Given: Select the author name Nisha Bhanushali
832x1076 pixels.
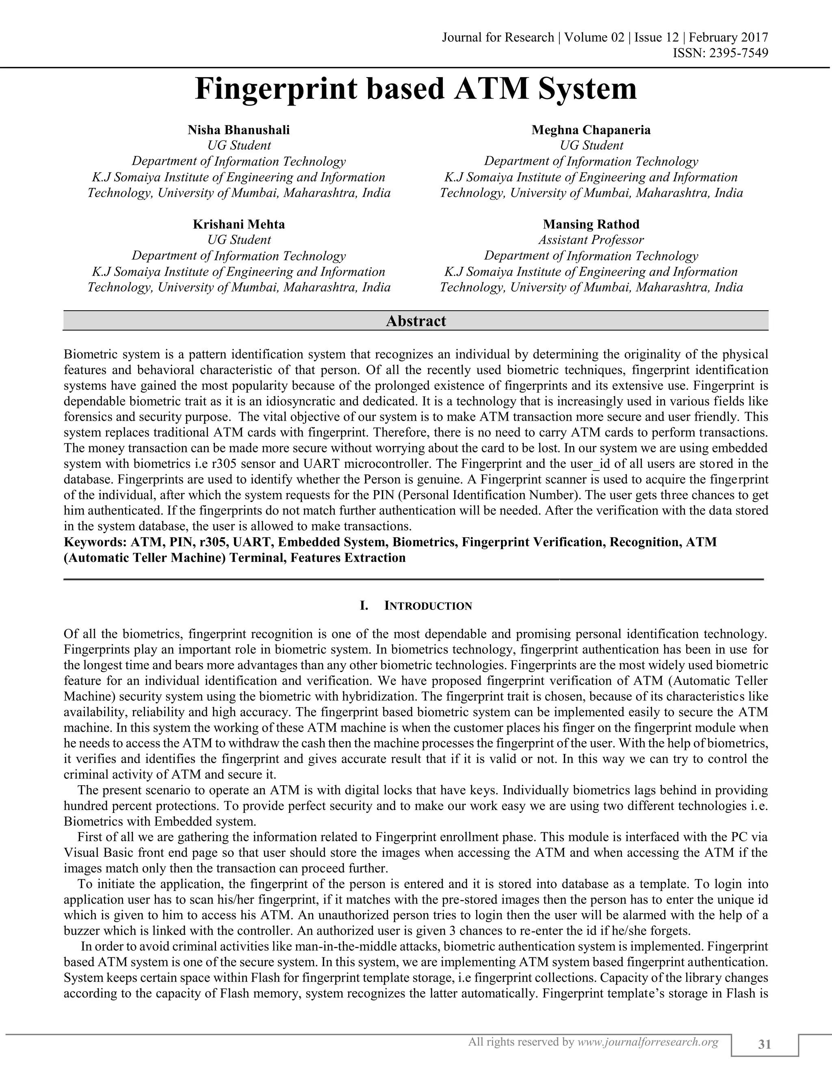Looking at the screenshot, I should [238, 130].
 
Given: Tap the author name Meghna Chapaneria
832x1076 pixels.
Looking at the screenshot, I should [591, 130].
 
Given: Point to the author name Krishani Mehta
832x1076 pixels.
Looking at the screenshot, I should [238, 225].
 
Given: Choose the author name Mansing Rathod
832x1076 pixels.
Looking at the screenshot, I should [591, 225].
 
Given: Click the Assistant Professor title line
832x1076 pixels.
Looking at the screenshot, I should [591, 240].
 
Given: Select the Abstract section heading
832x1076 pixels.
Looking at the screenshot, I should [416, 321].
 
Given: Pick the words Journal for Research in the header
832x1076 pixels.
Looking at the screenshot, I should [498, 37].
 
